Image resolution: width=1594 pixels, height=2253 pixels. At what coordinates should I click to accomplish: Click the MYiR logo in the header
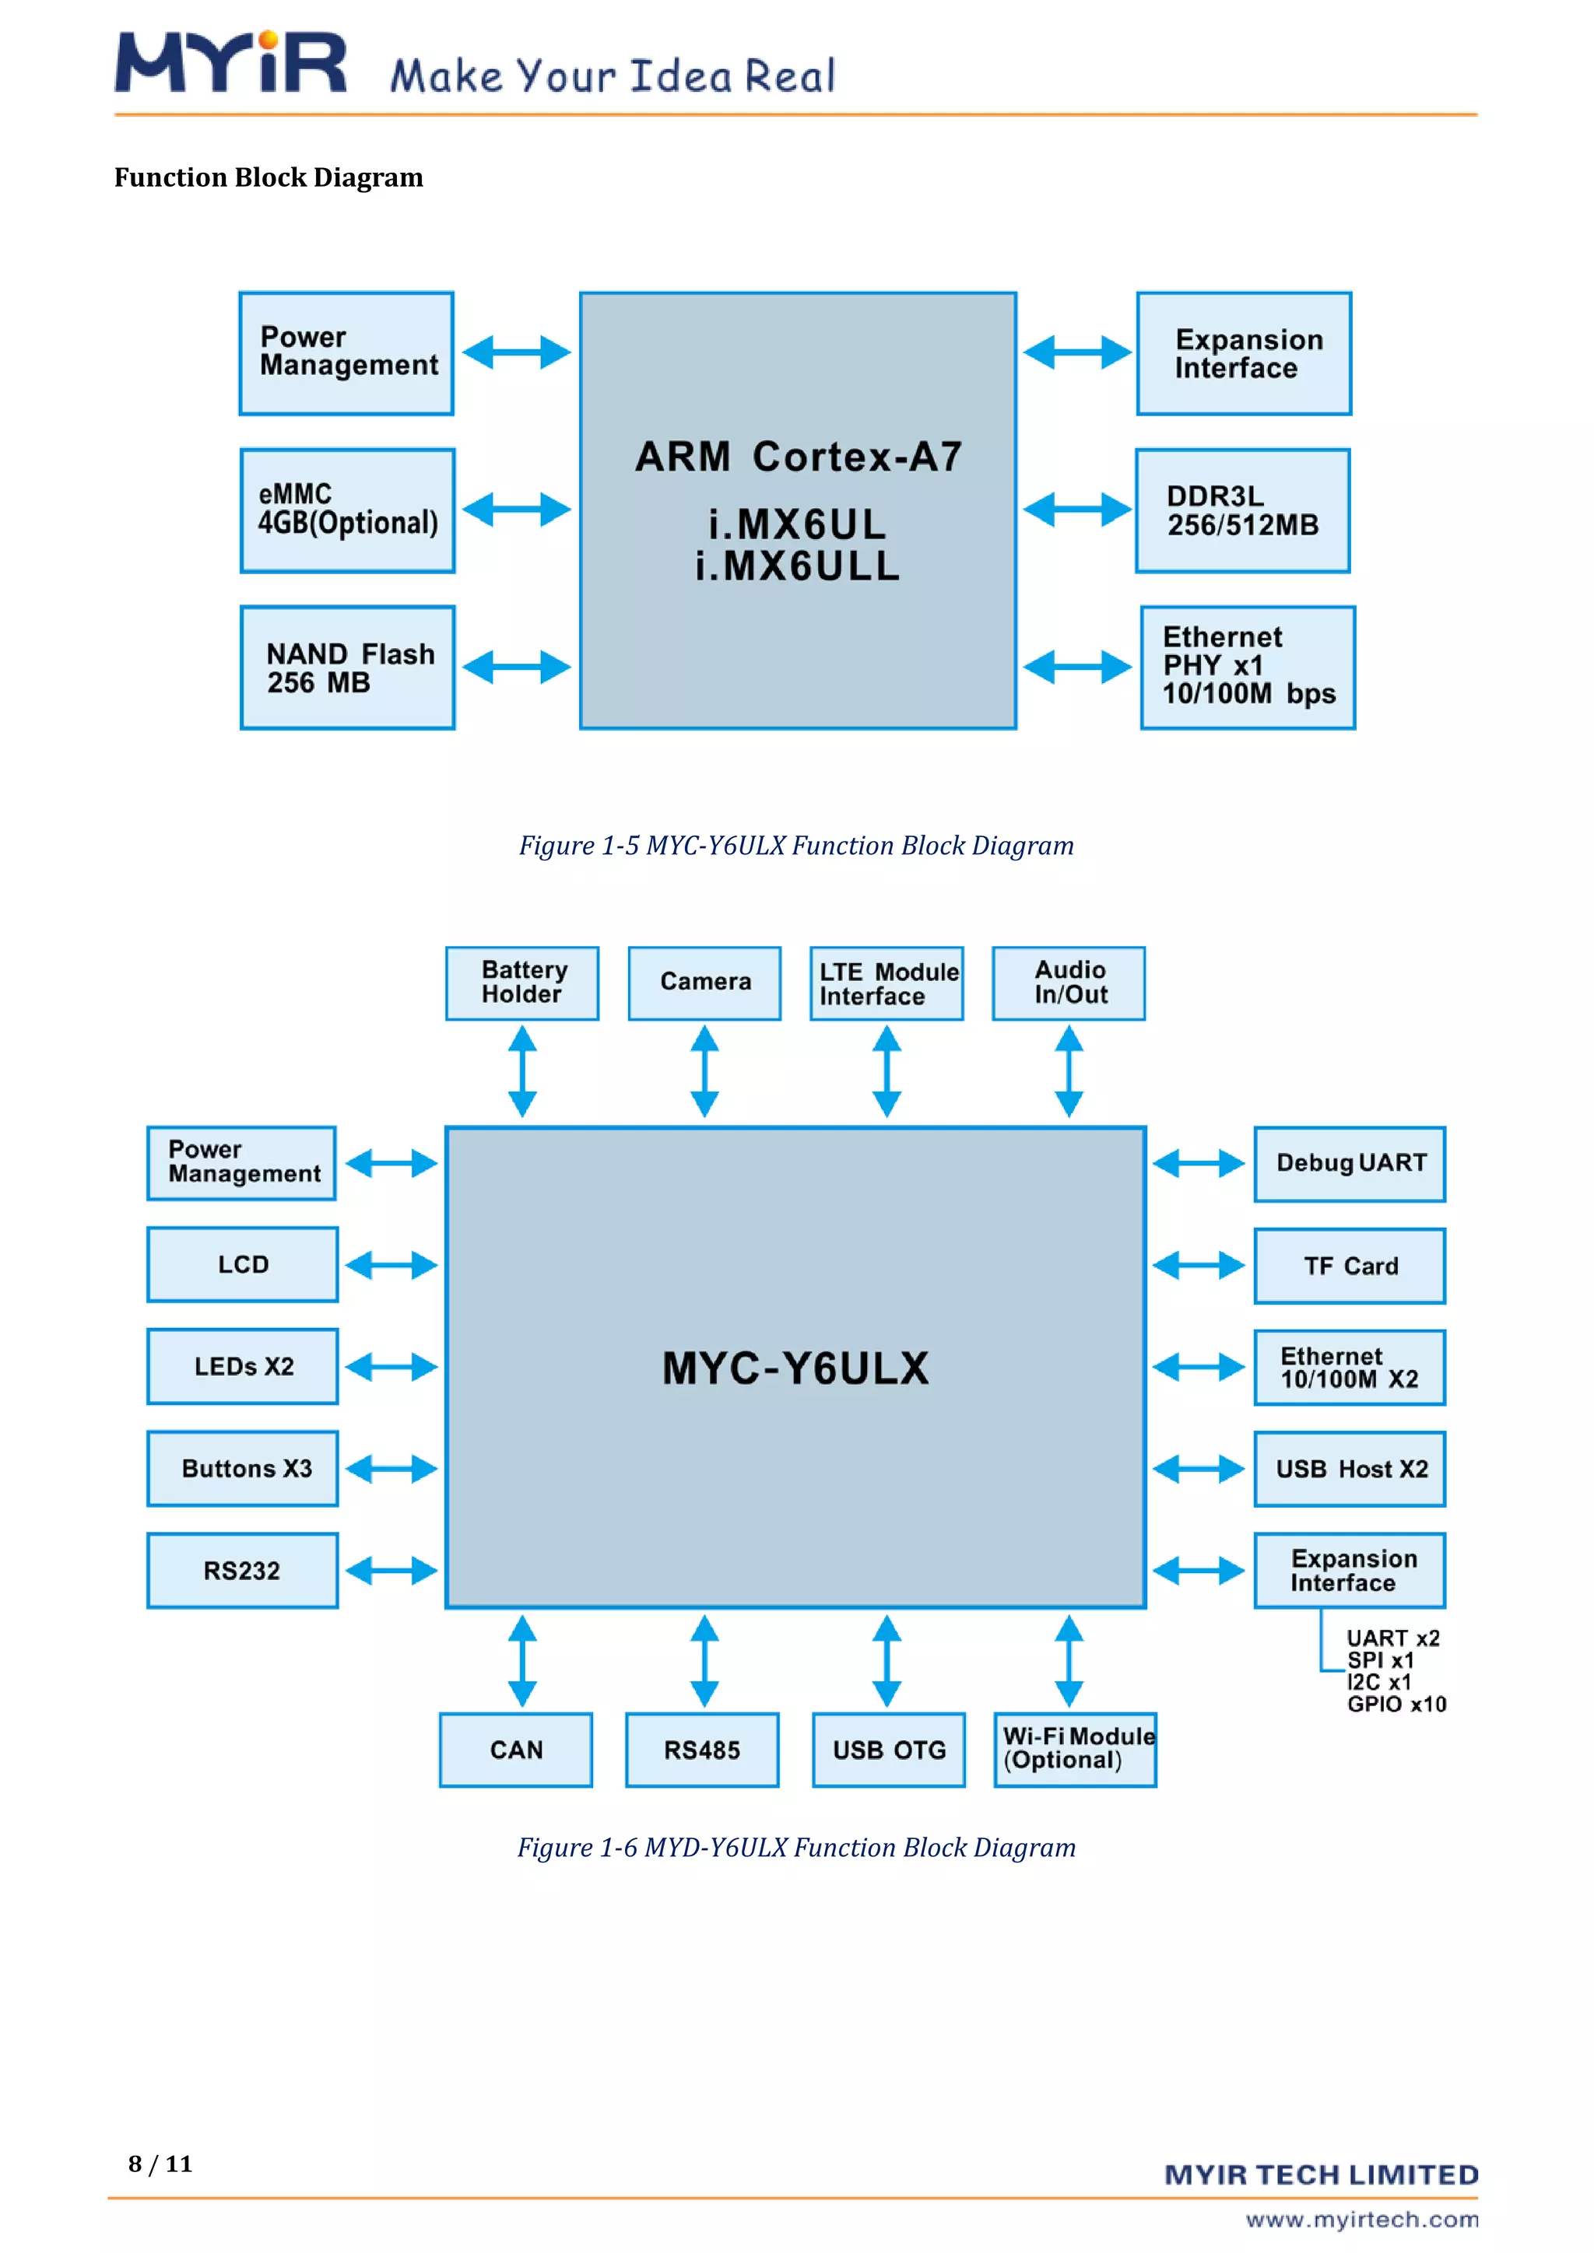(x=230, y=64)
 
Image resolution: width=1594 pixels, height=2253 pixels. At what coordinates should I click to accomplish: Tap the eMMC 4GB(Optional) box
(x=347, y=510)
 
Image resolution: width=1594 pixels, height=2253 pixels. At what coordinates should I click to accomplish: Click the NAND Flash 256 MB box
(x=347, y=668)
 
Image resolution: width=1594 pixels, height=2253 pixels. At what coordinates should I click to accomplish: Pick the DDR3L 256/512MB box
(x=1243, y=511)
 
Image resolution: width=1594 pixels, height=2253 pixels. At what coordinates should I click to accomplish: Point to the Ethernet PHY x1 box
(x=1248, y=667)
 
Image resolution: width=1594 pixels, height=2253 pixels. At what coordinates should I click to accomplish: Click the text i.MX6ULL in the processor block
(x=797, y=566)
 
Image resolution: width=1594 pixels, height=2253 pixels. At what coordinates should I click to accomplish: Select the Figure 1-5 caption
(x=796, y=846)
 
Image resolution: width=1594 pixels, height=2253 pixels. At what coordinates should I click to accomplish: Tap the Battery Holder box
(x=522, y=983)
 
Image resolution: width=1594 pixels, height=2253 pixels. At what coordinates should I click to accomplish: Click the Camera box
(x=704, y=983)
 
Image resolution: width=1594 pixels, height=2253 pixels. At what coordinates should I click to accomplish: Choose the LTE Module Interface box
(x=887, y=983)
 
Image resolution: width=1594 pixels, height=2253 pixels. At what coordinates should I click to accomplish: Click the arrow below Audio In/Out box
(x=1069, y=1071)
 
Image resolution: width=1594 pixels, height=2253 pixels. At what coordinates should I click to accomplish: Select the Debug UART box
(x=1350, y=1164)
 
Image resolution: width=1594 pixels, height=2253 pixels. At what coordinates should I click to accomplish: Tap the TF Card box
(x=1350, y=1266)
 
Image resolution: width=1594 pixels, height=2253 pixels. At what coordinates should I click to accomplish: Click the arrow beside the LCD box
(x=391, y=1265)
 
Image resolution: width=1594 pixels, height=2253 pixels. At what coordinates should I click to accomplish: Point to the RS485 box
(x=702, y=1750)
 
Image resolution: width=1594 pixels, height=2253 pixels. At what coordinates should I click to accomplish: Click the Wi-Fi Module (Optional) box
(x=1075, y=1750)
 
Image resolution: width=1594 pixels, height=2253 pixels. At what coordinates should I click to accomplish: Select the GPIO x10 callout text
(x=1396, y=1705)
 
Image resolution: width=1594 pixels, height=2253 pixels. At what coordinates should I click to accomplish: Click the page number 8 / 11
(x=160, y=2164)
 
